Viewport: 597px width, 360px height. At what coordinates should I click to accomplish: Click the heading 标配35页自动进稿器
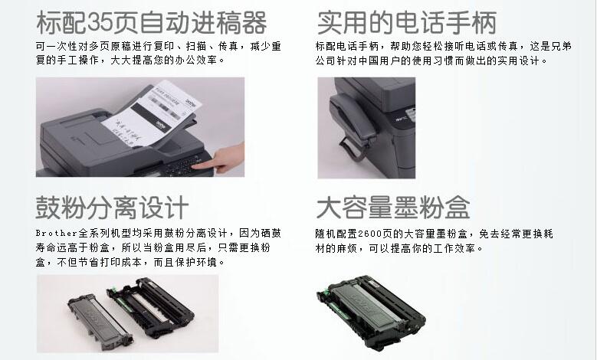click(152, 23)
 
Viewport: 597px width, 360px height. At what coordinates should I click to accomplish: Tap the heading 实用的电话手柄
click(407, 23)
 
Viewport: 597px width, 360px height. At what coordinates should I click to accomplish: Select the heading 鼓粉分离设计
click(113, 208)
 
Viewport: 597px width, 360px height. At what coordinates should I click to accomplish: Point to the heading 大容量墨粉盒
click(393, 208)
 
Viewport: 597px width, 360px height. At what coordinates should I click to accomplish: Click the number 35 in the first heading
click(100, 23)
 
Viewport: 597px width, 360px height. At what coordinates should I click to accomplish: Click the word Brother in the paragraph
click(57, 233)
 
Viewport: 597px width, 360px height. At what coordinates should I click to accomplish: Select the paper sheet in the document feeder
click(152, 113)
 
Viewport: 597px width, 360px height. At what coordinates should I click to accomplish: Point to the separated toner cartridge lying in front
click(100, 319)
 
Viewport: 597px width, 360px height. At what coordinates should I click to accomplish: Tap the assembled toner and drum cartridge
click(371, 312)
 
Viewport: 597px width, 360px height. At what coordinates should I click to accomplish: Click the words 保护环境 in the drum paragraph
click(195, 262)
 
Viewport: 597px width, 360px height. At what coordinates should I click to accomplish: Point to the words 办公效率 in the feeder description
click(195, 60)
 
